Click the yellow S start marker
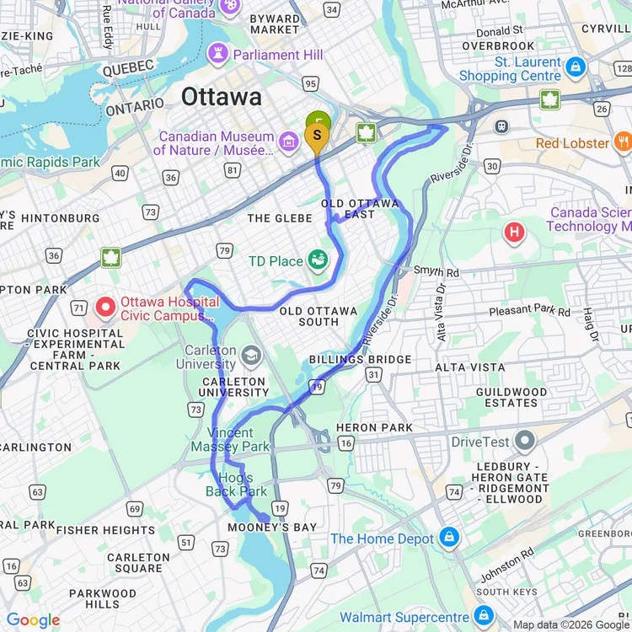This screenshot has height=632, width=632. (318, 136)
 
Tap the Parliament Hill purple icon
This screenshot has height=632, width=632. (219, 54)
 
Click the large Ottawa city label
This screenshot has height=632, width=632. (221, 97)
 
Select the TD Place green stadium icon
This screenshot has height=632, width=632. (318, 260)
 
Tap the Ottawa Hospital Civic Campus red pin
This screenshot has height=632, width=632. (105, 307)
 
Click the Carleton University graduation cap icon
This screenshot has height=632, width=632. (250, 356)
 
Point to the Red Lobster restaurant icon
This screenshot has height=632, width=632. (623, 142)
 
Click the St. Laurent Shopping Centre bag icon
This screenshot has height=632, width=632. (576, 67)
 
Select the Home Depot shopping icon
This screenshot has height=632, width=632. (448, 538)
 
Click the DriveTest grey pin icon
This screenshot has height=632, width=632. (524, 440)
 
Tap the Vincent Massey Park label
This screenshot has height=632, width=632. (230, 439)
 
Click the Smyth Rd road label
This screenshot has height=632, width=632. (436, 272)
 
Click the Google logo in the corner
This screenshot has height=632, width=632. (34, 620)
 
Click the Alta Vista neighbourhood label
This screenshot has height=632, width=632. (469, 367)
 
